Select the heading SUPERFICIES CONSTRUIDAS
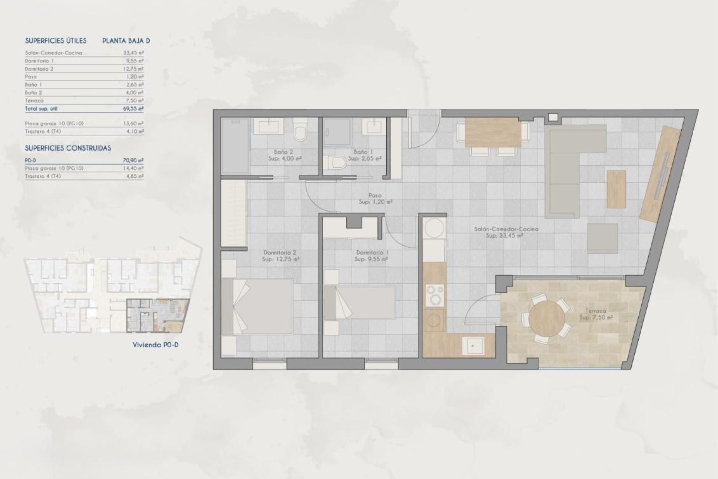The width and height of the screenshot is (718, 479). pos(68,148)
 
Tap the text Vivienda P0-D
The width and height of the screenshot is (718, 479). pos(156,345)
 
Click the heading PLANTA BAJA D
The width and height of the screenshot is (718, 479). pos(126,41)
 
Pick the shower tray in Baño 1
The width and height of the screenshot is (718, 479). pos(337,132)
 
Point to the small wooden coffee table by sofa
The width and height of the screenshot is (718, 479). pos(616,189)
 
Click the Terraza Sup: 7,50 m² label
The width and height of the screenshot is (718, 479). pos(596,314)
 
